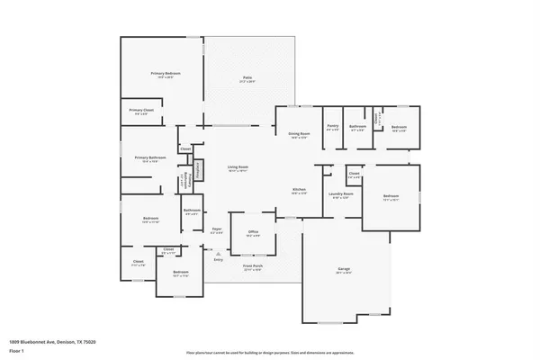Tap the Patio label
(247, 78)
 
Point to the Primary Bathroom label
(148, 159)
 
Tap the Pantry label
(332, 127)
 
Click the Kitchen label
(300, 190)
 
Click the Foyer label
(217, 230)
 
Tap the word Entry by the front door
(219, 259)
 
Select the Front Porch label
(251, 267)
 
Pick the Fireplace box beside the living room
(197, 171)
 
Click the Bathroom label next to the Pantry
(357, 127)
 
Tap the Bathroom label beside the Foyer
(191, 212)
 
